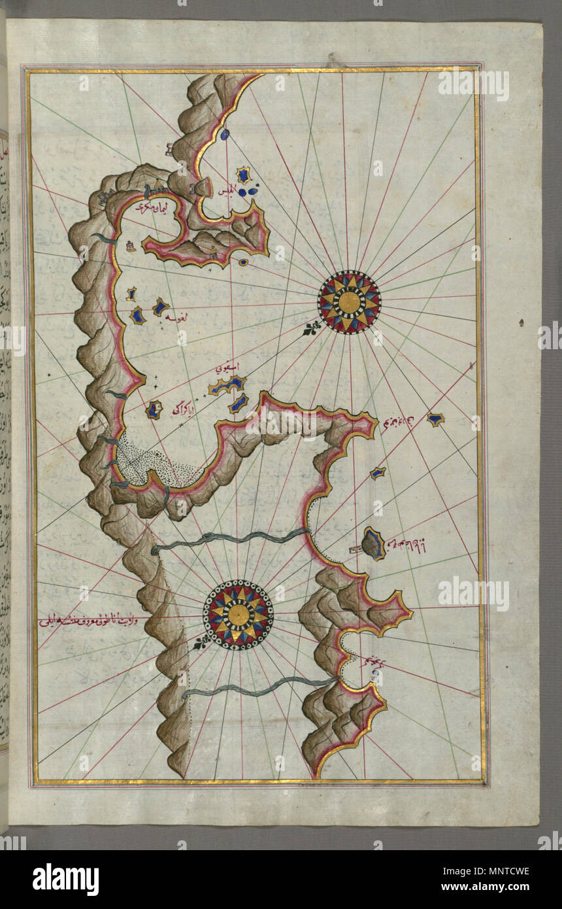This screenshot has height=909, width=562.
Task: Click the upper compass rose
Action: point(349,301)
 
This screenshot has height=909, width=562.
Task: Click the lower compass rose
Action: point(238,614)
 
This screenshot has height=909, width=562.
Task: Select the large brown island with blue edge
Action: point(373,543)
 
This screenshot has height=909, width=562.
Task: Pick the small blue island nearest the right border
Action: point(435,419)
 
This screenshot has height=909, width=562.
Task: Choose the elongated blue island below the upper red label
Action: point(227,386)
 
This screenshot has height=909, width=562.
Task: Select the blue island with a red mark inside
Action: point(154,410)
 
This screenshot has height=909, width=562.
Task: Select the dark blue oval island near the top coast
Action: point(225,134)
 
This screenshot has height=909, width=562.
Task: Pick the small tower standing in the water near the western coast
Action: point(131,246)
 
